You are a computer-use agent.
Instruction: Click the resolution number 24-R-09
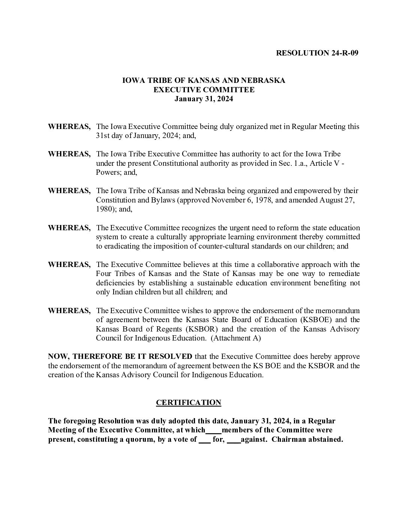click(345, 53)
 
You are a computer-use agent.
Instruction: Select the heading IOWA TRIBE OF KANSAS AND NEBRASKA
click(204, 81)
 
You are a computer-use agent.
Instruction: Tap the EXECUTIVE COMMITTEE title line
click(204, 90)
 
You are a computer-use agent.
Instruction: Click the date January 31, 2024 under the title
click(204, 99)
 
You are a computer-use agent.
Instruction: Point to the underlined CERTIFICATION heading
click(188, 403)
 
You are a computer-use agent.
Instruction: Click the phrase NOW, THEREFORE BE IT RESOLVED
click(120, 356)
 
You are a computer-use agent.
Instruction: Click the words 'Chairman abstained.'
click(307, 439)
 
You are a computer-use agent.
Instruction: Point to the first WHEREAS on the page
click(69, 127)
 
